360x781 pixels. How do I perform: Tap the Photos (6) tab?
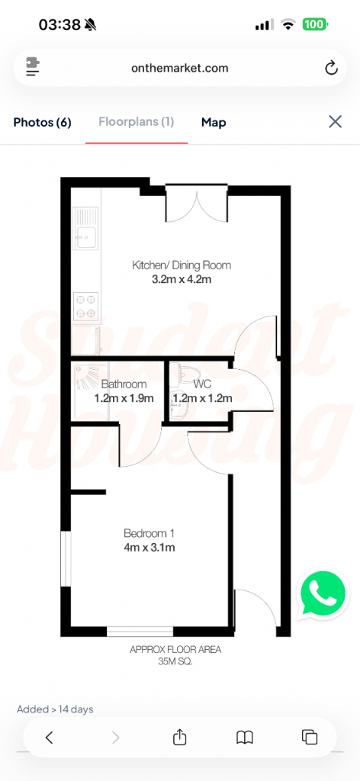pyautogui.click(x=42, y=122)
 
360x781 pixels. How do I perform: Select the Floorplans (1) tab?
pyautogui.click(x=136, y=122)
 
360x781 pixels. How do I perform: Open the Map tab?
pyautogui.click(x=214, y=122)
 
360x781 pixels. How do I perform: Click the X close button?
pyautogui.click(x=335, y=121)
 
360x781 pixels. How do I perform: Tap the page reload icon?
pyautogui.click(x=331, y=68)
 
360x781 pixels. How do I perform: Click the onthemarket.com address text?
pyautogui.click(x=180, y=68)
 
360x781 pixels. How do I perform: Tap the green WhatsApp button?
pyautogui.click(x=323, y=593)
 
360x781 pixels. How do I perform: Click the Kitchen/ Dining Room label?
pyautogui.click(x=182, y=265)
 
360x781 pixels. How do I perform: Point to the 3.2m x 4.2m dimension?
pyautogui.click(x=182, y=280)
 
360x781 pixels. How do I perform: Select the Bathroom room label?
pyautogui.click(x=124, y=384)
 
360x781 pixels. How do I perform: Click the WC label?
pyautogui.click(x=202, y=384)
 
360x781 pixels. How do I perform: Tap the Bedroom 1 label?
pyautogui.click(x=149, y=533)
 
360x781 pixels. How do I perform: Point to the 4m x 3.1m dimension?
pyautogui.click(x=149, y=548)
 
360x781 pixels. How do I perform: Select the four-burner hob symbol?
pyautogui.click(x=85, y=306)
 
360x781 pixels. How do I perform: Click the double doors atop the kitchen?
pyautogui.click(x=197, y=204)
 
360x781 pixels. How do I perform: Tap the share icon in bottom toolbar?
pyautogui.click(x=180, y=737)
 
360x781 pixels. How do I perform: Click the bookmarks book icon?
pyautogui.click(x=244, y=737)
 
